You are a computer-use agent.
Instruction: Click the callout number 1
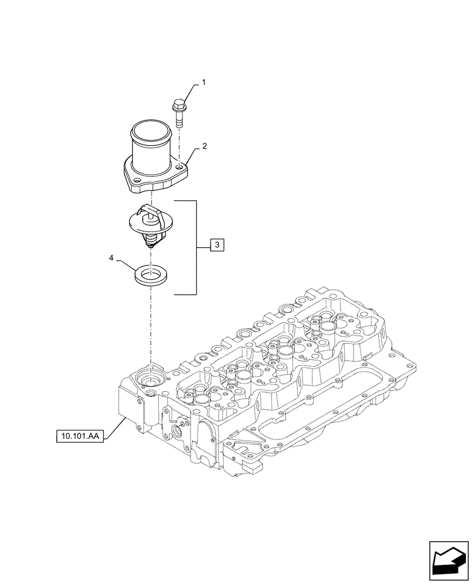point(204,84)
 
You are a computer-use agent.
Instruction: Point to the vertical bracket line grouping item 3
point(196,246)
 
